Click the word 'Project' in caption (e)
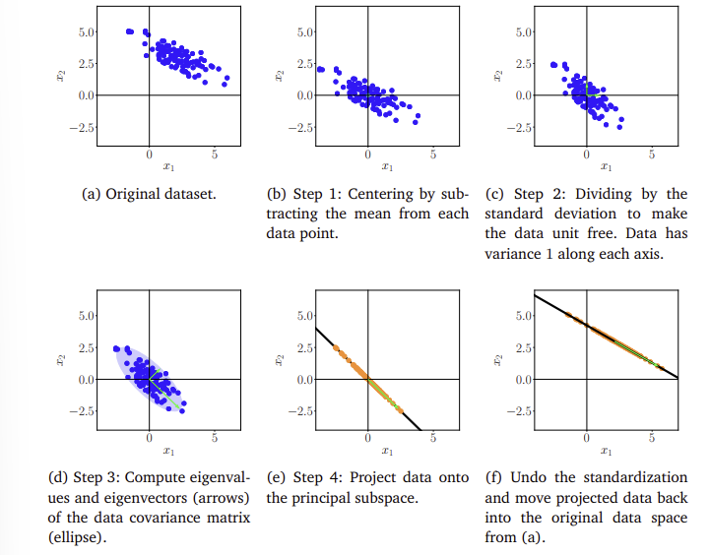(x=373, y=477)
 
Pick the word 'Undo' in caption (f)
(x=527, y=477)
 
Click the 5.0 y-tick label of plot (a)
(x=87, y=32)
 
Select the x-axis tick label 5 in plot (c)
(x=652, y=154)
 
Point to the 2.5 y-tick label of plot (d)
(x=87, y=347)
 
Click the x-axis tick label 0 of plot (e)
(x=367, y=438)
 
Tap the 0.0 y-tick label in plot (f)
(x=524, y=380)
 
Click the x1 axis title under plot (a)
(x=168, y=167)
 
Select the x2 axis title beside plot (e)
(x=280, y=359)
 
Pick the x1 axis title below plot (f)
(x=606, y=451)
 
